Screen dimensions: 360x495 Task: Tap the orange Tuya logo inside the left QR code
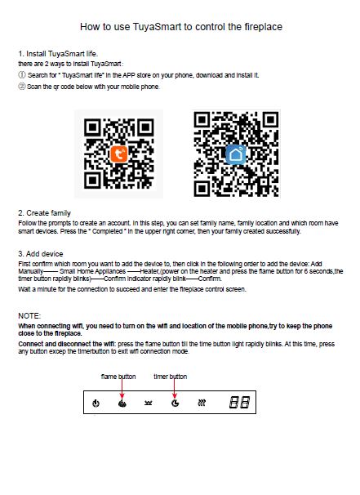click(119, 154)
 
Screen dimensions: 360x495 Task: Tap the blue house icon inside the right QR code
click(236, 154)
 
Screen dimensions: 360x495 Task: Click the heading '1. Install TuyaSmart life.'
click(58, 54)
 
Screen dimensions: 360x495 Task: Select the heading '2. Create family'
click(44, 213)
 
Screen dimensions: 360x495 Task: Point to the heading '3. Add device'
click(41, 254)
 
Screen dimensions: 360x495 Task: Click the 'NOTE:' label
click(29, 316)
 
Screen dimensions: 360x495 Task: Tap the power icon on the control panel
click(96, 404)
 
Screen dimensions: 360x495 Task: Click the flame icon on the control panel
click(122, 404)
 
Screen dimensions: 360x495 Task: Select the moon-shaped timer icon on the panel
click(176, 403)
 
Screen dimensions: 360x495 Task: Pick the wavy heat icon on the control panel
click(202, 403)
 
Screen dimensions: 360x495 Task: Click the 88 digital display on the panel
click(239, 402)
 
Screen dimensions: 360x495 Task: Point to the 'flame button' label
click(118, 377)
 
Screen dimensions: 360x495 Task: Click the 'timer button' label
click(171, 377)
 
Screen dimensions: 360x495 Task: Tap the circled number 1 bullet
click(22, 75)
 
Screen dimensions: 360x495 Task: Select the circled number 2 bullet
click(22, 87)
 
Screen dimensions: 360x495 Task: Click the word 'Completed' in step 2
click(107, 231)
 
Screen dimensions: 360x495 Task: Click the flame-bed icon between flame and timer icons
click(149, 404)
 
